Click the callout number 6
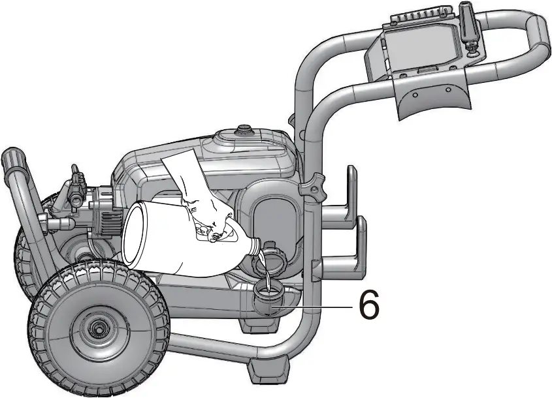[369, 305]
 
